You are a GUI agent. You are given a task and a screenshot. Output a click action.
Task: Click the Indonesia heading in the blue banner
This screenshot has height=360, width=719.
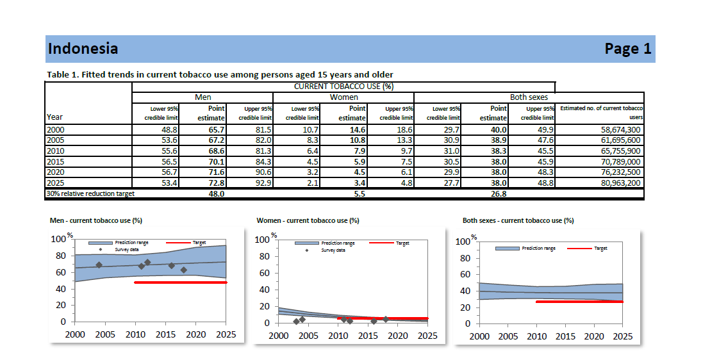[x=83, y=49]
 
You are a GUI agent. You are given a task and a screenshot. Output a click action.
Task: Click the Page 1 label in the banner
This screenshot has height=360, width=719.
[x=627, y=49]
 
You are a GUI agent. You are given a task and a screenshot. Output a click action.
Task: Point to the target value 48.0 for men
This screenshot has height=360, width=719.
[x=216, y=194]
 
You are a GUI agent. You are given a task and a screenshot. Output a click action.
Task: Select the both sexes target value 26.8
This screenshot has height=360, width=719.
[x=498, y=194]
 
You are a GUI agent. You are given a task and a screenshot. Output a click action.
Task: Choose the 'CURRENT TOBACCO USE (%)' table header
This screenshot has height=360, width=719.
[x=343, y=86]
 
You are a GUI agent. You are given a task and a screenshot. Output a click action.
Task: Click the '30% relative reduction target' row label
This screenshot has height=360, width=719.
[x=90, y=193]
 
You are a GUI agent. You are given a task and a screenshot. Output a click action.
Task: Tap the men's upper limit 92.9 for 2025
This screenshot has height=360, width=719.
[x=263, y=183]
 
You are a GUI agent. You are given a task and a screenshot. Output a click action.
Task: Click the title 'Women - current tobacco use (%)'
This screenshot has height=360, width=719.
[x=308, y=220]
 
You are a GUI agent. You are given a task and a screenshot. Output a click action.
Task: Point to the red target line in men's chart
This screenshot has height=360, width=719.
[x=180, y=282]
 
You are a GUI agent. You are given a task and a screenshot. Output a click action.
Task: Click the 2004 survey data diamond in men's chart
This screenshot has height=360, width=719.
[x=99, y=265]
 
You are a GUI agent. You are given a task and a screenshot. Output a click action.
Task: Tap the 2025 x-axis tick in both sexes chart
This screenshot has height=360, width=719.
[x=622, y=336]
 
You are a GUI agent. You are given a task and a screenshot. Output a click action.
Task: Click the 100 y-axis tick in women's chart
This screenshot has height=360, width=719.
[x=261, y=240]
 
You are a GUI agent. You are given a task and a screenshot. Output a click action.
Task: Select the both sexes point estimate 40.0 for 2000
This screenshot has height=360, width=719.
[x=498, y=130]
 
